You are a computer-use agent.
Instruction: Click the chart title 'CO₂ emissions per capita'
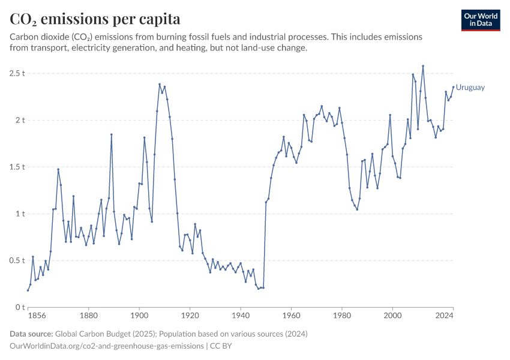tap(95, 19)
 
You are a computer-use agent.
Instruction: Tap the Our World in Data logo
tap(481, 20)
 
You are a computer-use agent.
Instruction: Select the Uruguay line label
tap(470, 88)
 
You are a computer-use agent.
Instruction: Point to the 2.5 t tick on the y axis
tap(17, 73)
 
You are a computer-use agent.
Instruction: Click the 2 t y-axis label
tap(20, 120)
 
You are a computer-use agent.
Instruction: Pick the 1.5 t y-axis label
tap(17, 167)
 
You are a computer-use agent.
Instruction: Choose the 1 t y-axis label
tap(20, 214)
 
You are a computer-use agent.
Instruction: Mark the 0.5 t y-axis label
tap(17, 260)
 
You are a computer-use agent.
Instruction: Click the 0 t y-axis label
tap(20, 307)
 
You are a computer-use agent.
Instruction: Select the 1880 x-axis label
tap(88, 315)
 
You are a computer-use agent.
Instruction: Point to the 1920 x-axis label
tap(190, 315)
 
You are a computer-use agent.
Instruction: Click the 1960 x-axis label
tap(291, 315)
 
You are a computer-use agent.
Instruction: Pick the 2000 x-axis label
tap(392, 315)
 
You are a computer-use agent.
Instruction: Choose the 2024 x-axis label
tap(444, 315)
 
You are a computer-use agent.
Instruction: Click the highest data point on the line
tap(423, 66)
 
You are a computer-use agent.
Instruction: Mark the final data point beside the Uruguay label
tap(453, 87)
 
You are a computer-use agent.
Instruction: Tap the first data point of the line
tap(28, 290)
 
